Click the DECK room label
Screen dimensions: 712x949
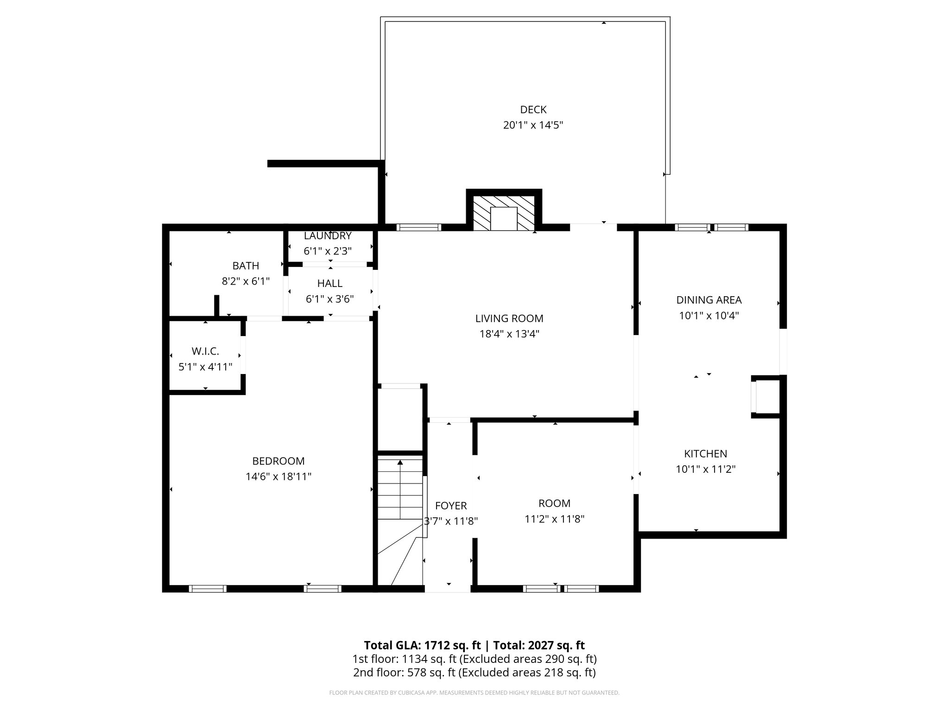pyautogui.click(x=533, y=109)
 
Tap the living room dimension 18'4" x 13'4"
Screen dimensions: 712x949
pyautogui.click(x=509, y=334)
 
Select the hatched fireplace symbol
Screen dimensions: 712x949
pyautogui.click(x=504, y=212)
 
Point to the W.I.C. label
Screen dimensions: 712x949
pyautogui.click(x=205, y=351)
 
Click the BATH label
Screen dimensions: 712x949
pyautogui.click(x=246, y=266)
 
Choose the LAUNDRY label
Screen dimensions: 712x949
pyautogui.click(x=328, y=235)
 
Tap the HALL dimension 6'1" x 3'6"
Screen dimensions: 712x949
pyautogui.click(x=329, y=299)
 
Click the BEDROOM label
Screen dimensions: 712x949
pyautogui.click(x=278, y=461)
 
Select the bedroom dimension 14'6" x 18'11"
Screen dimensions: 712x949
pyautogui.click(x=278, y=477)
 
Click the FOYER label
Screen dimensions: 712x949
pyautogui.click(x=451, y=506)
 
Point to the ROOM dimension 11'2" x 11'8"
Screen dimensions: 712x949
pyautogui.click(x=554, y=519)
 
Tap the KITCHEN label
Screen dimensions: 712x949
pyautogui.click(x=705, y=454)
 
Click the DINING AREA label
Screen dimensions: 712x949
pyautogui.click(x=709, y=300)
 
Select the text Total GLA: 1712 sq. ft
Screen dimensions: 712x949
pyautogui.click(x=422, y=645)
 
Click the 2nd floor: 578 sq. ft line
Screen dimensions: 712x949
pyautogui.click(x=474, y=672)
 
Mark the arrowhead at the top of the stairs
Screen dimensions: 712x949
pyautogui.click(x=400, y=462)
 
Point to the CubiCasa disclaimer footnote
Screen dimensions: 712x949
pyautogui.click(x=474, y=693)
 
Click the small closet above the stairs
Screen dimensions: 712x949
pyautogui.click(x=400, y=419)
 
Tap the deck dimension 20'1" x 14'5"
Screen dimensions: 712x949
pyautogui.click(x=533, y=125)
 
